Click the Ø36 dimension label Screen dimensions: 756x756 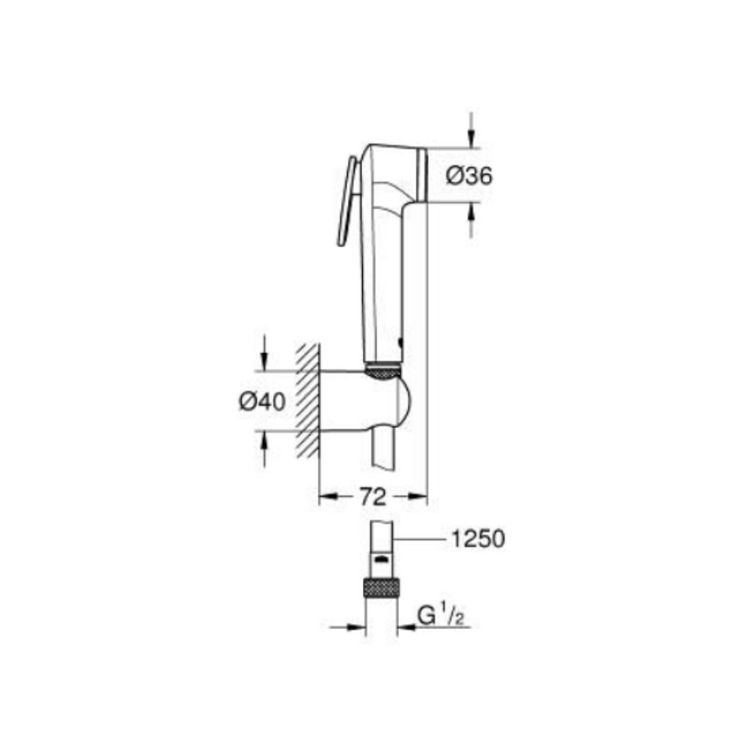[469, 176]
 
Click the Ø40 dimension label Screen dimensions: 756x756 [262, 402]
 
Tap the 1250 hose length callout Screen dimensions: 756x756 [476, 539]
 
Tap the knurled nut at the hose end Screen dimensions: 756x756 [381, 587]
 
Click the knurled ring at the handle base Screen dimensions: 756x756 [383, 370]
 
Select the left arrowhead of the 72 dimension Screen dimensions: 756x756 [327, 497]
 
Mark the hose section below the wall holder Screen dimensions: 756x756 [382, 450]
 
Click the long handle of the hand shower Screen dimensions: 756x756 [383, 287]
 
